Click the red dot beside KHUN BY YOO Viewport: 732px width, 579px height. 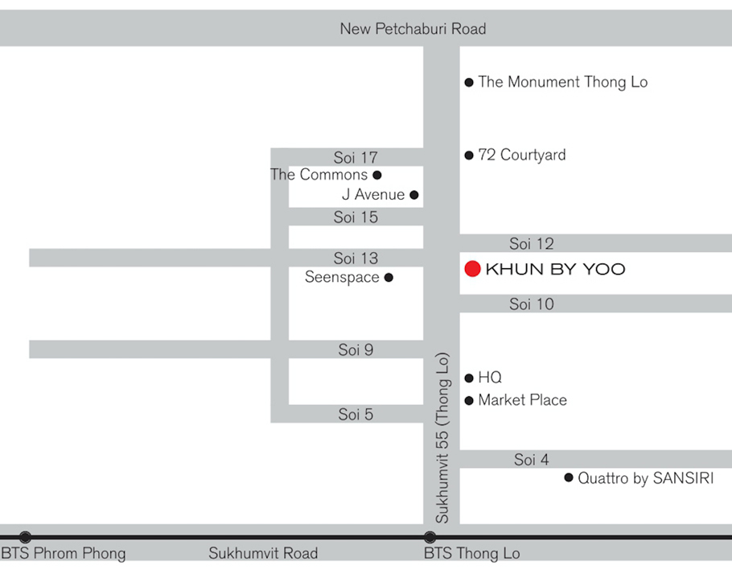(473, 269)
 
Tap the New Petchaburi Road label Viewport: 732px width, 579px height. (413, 29)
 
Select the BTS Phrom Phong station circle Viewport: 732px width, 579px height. (26, 536)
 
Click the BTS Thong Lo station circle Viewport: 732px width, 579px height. (430, 536)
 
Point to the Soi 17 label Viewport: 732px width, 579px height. (356, 158)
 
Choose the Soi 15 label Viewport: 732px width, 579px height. (356, 217)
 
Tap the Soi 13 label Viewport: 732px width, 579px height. (356, 258)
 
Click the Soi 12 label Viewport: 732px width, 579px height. (532, 243)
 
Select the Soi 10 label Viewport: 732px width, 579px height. (532, 304)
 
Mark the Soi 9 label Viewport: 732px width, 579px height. (356, 350)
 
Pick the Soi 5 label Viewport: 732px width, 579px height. (356, 415)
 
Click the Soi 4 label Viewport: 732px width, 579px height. (532, 460)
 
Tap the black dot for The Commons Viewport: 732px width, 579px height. (377, 175)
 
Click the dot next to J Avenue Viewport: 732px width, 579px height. (414, 195)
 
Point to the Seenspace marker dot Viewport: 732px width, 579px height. (389, 278)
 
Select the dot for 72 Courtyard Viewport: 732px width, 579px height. (469, 155)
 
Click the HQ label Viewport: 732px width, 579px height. (490, 378)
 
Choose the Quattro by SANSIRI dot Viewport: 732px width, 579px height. (570, 479)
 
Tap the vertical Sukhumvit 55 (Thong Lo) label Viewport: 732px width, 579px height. (442, 438)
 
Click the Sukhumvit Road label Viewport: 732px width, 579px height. (263, 553)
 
